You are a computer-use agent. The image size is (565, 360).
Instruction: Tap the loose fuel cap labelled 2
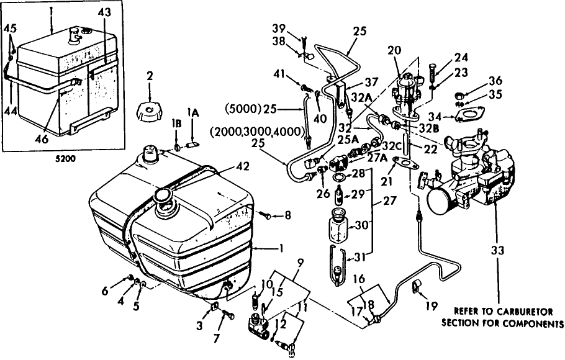(x=150, y=112)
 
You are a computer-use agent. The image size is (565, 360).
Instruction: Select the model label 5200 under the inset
(x=66, y=158)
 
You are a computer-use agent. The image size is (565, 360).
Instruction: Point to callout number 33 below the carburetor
(x=497, y=250)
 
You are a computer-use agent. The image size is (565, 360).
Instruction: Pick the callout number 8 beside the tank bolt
(x=287, y=216)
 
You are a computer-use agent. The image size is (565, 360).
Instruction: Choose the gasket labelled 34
(x=467, y=115)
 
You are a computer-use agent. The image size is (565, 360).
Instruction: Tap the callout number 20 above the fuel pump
(x=394, y=50)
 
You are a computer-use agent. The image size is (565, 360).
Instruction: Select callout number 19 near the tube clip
(x=432, y=305)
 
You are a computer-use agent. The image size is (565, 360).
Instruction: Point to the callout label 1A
(x=192, y=113)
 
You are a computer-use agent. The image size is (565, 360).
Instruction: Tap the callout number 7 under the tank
(x=216, y=338)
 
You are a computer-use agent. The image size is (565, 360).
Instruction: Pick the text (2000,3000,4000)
(x=255, y=132)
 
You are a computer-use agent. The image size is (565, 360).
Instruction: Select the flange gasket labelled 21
(x=403, y=163)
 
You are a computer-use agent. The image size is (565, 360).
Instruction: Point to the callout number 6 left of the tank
(x=104, y=290)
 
